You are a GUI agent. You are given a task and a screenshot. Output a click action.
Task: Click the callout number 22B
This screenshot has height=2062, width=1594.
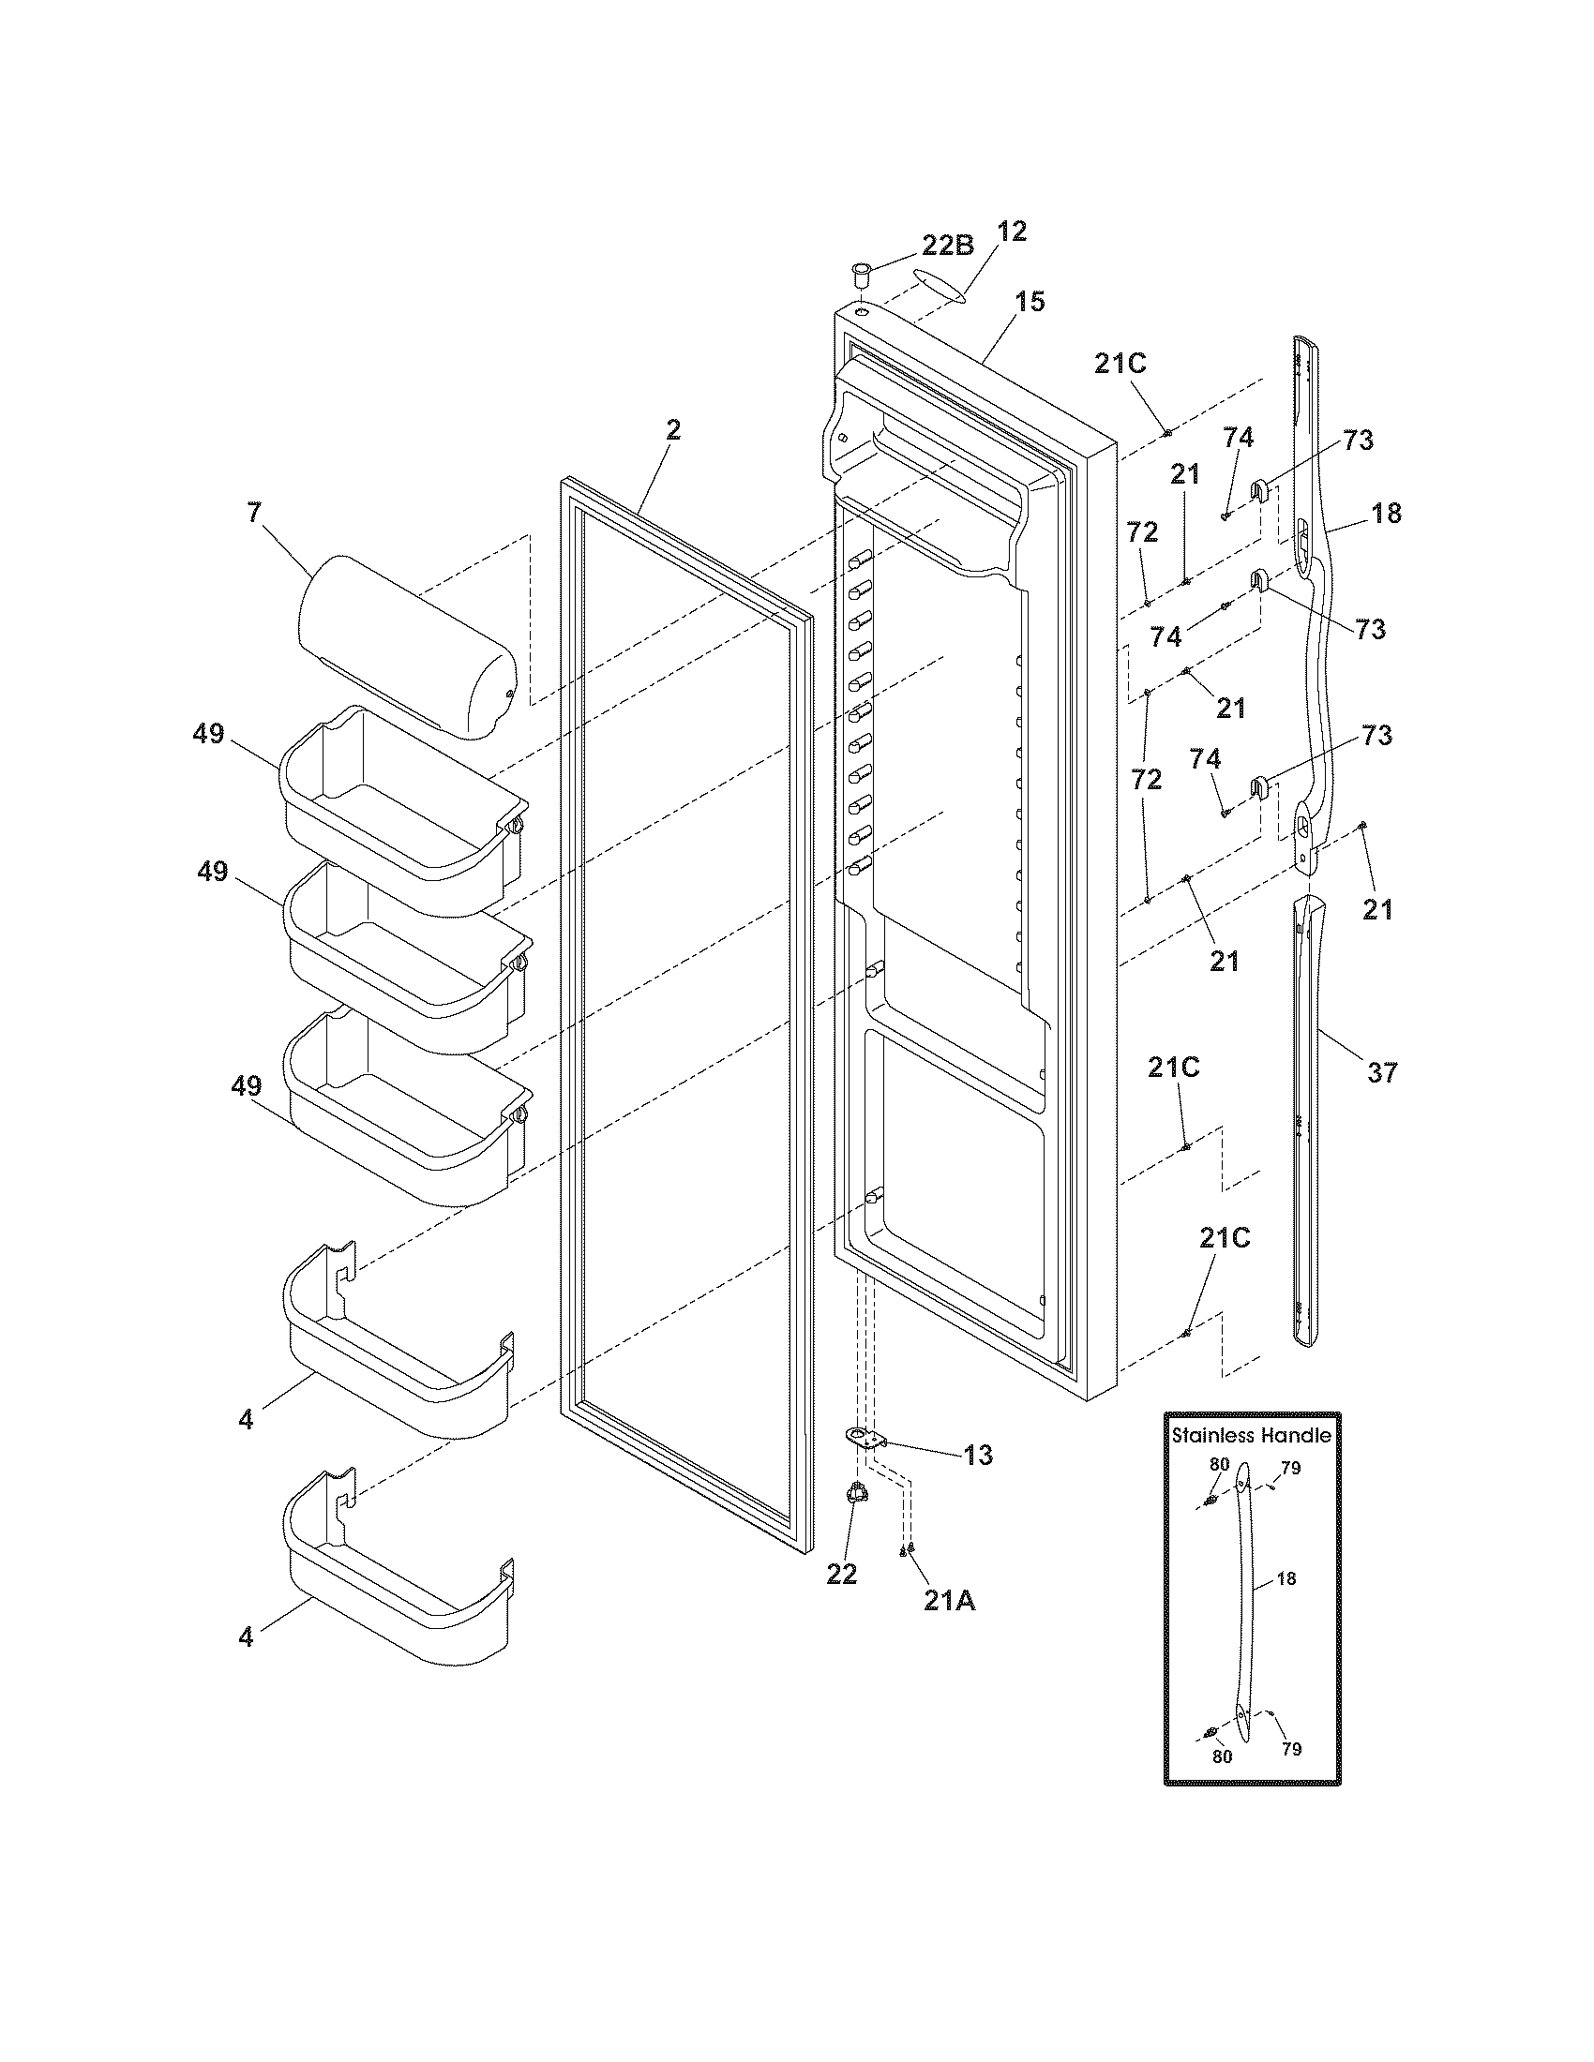coord(947,246)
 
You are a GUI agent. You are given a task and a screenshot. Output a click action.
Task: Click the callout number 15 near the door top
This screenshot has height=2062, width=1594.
coord(1030,302)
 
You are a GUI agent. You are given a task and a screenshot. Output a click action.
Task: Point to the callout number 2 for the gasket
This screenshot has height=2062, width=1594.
coord(672,430)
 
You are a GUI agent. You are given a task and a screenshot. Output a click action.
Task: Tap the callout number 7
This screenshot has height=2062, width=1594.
coord(253,513)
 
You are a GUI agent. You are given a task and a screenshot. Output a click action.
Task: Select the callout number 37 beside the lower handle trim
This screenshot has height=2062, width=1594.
coord(1381,1071)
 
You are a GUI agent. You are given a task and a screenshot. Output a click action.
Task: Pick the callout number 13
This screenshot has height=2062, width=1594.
coord(978,1455)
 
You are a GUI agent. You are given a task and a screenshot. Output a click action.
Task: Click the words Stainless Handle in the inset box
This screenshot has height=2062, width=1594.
coord(1251,1435)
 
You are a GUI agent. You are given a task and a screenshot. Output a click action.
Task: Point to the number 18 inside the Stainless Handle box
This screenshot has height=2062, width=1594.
coord(1286,1577)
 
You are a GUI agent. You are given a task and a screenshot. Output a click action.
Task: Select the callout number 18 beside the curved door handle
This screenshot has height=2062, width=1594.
coord(1386,514)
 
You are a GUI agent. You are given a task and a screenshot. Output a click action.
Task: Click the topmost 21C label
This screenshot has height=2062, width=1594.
coord(1120,364)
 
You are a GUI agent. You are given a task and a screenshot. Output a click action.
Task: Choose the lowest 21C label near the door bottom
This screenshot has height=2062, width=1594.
coord(1225,1238)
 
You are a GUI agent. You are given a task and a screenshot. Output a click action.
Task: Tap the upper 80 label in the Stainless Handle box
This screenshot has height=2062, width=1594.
coord(1219,1464)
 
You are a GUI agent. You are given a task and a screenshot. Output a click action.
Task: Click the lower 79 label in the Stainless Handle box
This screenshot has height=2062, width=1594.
coord(1291,1749)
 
